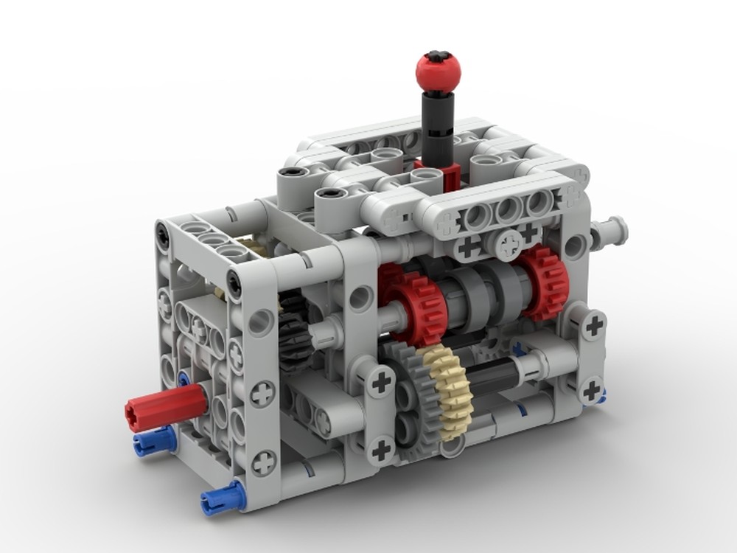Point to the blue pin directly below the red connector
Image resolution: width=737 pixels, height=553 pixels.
click(153, 441)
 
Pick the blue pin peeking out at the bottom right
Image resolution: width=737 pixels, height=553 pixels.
click(601, 399)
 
